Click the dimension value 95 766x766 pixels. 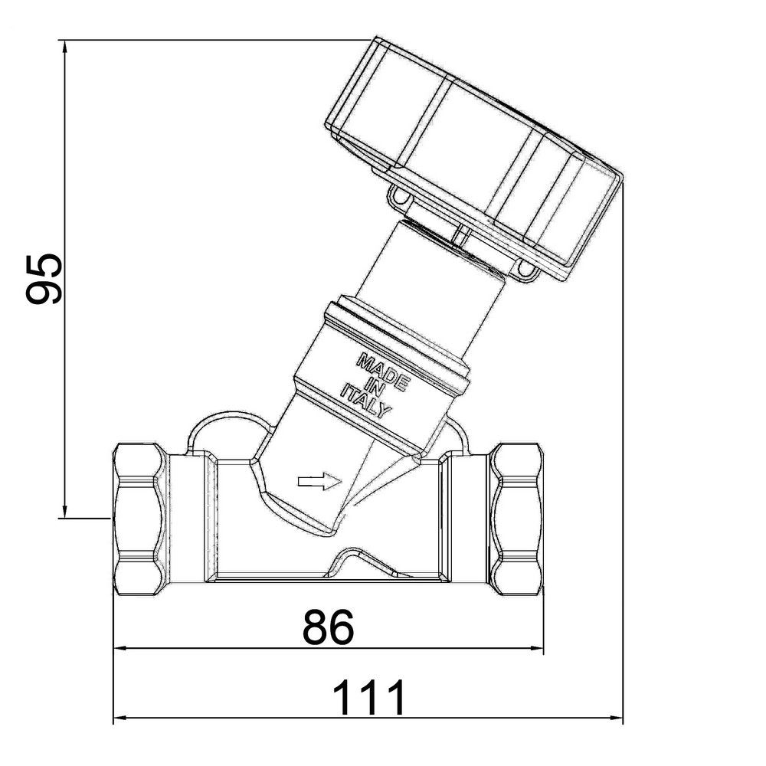coord(42,278)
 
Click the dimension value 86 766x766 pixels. coord(328,627)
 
